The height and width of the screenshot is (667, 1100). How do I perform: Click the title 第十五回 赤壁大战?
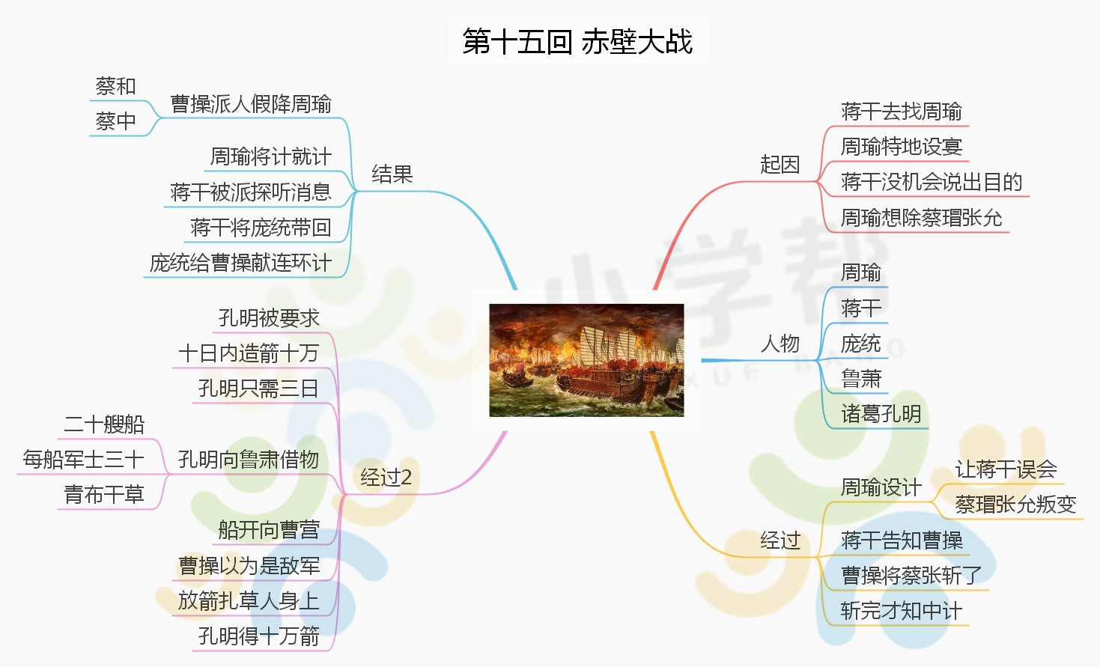point(577,41)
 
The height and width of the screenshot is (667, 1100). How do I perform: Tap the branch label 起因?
point(780,165)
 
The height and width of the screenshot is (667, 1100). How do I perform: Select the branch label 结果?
point(392,174)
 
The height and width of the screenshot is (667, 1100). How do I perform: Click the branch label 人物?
point(780,344)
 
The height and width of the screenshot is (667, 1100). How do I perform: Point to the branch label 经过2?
point(386,478)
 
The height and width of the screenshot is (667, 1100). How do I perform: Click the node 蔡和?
point(115,86)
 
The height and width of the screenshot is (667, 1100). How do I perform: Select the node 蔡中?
point(115,121)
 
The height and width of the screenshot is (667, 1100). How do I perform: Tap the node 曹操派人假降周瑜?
point(251,104)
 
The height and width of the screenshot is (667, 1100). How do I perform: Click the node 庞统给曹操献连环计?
point(240,263)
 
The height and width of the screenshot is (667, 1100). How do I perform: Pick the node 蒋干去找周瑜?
point(901,112)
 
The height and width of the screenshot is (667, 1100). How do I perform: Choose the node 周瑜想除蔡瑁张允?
point(921,218)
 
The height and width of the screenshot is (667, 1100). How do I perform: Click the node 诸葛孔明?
point(881,414)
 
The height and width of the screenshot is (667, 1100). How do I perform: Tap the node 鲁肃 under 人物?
point(861,378)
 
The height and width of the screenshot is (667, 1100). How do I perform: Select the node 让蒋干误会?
point(1006,469)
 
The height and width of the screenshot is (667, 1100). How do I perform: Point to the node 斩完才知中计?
point(901,611)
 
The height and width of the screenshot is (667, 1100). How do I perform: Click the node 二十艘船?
point(104,424)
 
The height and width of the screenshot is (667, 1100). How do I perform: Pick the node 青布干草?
point(104,495)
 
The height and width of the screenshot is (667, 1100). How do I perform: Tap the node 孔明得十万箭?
point(259,636)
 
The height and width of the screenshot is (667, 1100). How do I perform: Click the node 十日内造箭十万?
point(249,353)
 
